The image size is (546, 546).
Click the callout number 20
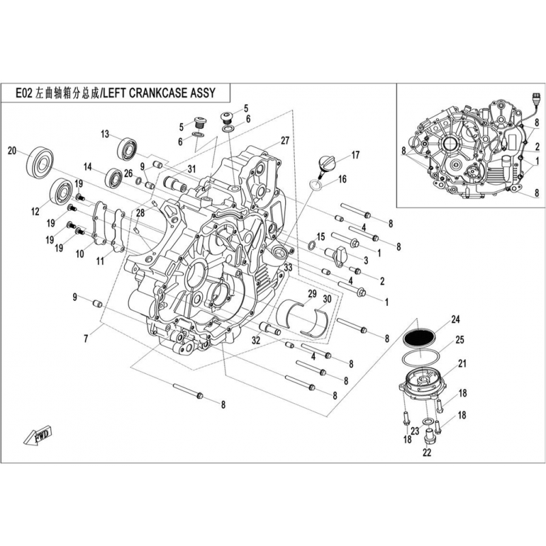[x=12, y=151]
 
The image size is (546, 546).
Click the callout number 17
[x=355, y=156]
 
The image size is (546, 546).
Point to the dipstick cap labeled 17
[x=327, y=164]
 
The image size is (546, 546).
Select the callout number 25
[x=459, y=339]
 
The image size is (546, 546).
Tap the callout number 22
[x=427, y=452]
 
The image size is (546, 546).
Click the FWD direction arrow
[x=42, y=435]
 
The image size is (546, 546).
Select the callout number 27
[x=285, y=141]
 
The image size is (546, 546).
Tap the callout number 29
[x=312, y=293]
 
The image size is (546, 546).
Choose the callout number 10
[x=80, y=254]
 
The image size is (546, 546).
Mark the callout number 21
[x=461, y=363]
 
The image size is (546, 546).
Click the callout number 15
[x=321, y=236]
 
